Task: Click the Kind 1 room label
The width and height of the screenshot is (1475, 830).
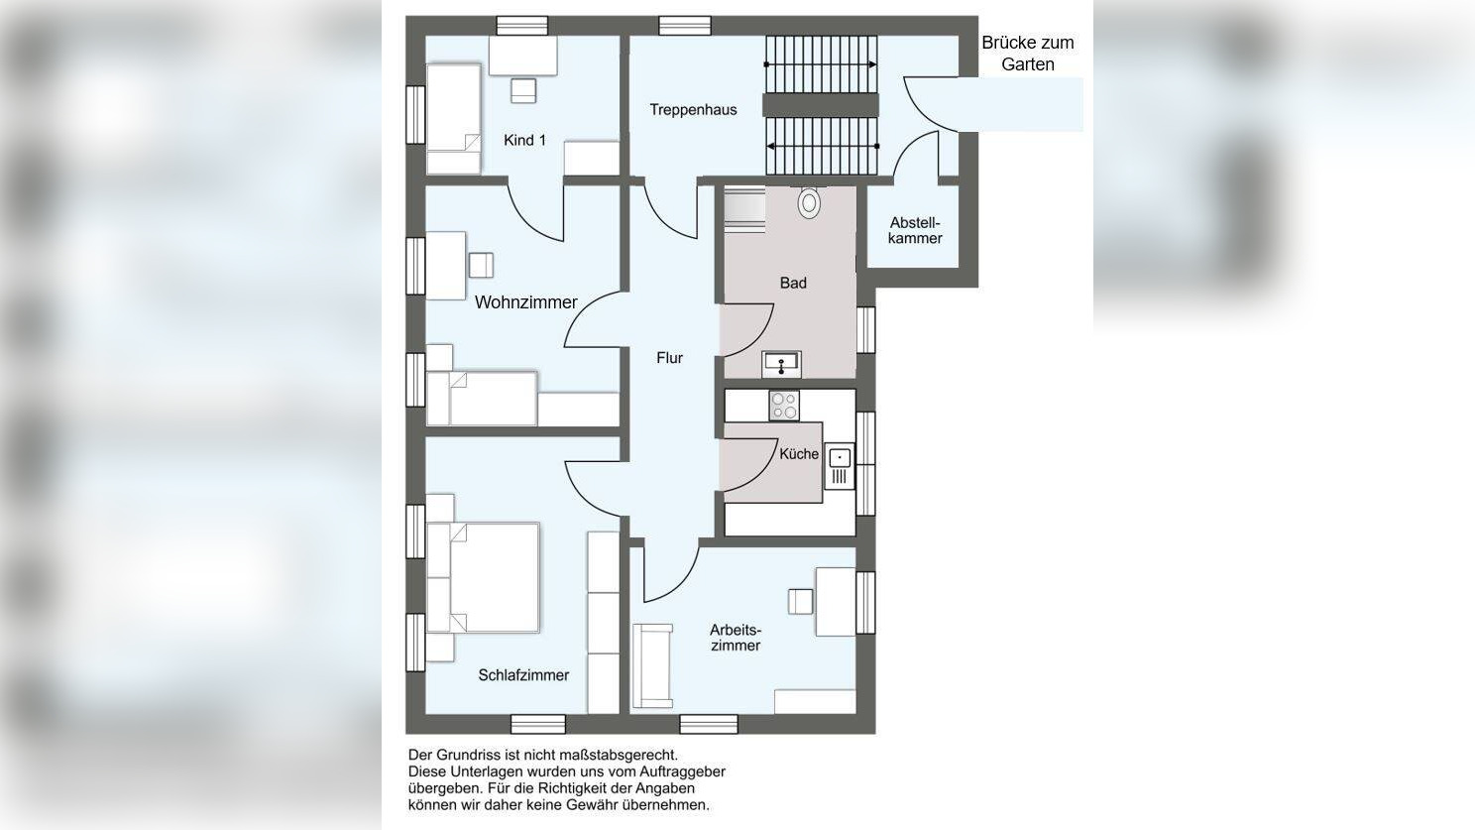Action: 524,140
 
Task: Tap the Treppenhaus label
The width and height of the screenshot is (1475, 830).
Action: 693,109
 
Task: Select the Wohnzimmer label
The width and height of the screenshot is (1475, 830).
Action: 525,302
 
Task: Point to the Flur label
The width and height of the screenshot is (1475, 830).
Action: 669,358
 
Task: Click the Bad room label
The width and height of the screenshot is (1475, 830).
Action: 793,283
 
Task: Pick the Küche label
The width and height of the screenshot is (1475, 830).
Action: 799,453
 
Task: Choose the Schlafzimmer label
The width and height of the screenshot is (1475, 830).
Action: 523,675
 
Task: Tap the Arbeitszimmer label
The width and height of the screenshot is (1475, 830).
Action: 736,638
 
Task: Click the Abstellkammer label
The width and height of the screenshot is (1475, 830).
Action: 915,230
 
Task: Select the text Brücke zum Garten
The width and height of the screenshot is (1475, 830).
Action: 1028,54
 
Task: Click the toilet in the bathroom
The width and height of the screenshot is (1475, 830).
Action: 809,202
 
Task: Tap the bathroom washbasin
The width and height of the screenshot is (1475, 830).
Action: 781,365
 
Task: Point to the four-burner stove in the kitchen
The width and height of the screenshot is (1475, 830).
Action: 784,406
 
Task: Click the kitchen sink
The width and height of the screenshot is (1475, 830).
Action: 839,466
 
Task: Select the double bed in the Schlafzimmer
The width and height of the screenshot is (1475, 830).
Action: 484,577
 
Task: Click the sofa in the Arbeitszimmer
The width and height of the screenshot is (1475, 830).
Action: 651,666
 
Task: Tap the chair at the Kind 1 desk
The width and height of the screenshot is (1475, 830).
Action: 523,91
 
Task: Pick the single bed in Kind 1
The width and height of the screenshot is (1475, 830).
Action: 453,119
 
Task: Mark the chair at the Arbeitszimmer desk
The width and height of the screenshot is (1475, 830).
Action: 800,601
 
